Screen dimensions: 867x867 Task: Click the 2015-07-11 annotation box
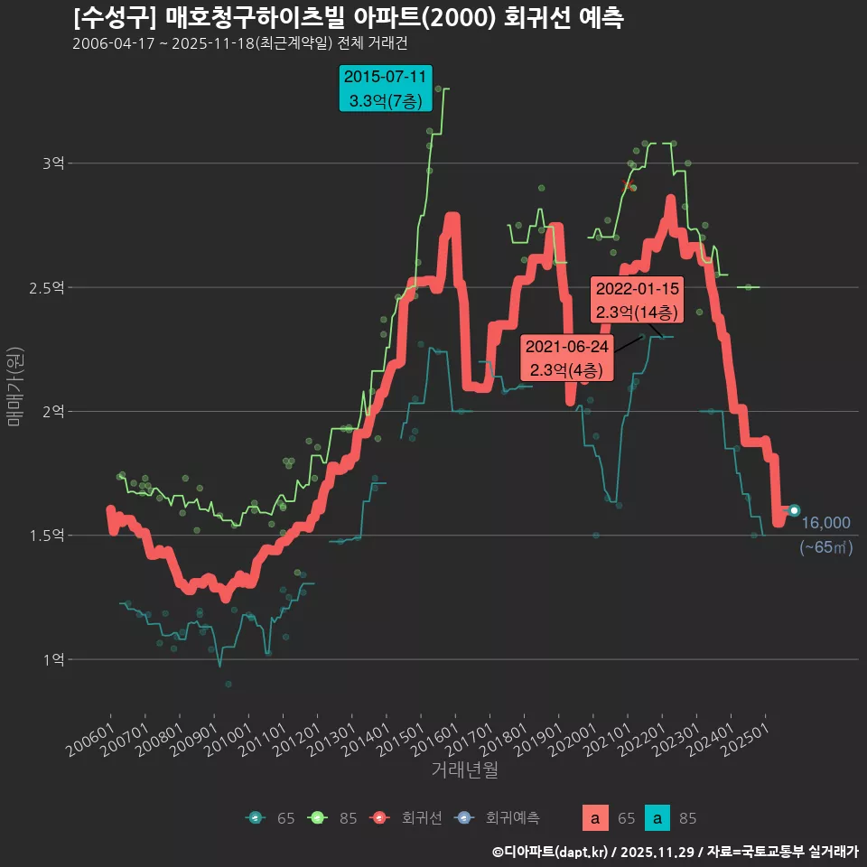pos(386,88)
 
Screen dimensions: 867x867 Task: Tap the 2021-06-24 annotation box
pos(567,359)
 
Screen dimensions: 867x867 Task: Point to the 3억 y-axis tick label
pos(52,163)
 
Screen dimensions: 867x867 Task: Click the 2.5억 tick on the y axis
pos(48,287)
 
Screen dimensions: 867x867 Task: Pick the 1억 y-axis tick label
pos(52,659)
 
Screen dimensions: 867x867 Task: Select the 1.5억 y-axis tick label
pos(48,536)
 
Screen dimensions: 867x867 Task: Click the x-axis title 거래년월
pos(464,769)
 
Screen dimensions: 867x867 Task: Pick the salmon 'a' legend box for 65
pos(594,818)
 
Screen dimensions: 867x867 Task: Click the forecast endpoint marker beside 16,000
pos(794,510)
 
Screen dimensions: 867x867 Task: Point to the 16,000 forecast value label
pos(825,523)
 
